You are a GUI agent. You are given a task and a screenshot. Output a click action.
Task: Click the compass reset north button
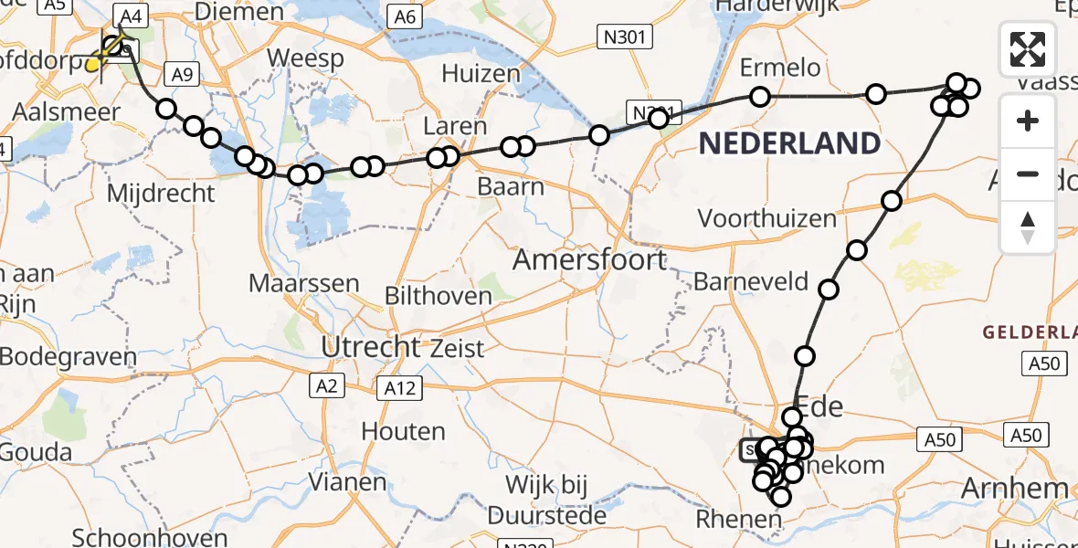point(1028,227)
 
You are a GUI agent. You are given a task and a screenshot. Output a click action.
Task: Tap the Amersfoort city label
point(589,259)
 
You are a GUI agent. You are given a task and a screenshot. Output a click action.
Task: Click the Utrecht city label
point(370,347)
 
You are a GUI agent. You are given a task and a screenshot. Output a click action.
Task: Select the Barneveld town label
point(751,281)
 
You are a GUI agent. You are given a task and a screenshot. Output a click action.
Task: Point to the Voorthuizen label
point(767,218)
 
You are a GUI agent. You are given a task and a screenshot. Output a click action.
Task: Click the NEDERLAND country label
point(790,142)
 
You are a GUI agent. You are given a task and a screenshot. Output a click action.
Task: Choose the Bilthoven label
point(439,295)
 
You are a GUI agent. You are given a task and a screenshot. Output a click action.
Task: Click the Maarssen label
point(304,282)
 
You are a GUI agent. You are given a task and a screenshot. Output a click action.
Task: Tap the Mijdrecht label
point(161,194)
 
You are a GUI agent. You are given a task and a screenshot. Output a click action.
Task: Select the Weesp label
point(305,59)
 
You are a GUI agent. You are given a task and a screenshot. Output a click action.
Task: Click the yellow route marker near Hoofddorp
point(94,64)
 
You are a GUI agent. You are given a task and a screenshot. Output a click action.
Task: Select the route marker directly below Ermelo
point(759,96)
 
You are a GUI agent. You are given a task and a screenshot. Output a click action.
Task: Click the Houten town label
point(403,430)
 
